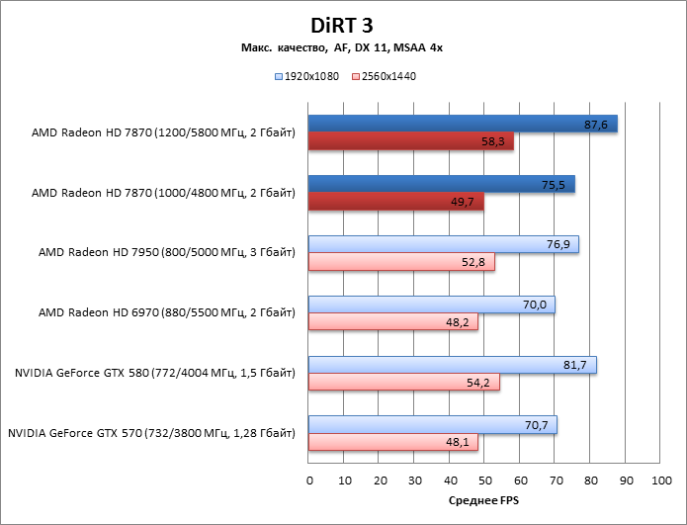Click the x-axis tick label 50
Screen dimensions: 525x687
pos(485,480)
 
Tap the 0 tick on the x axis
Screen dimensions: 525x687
pos(309,480)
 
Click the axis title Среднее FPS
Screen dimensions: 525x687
pos(485,501)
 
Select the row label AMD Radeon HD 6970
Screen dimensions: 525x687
pos(166,312)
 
